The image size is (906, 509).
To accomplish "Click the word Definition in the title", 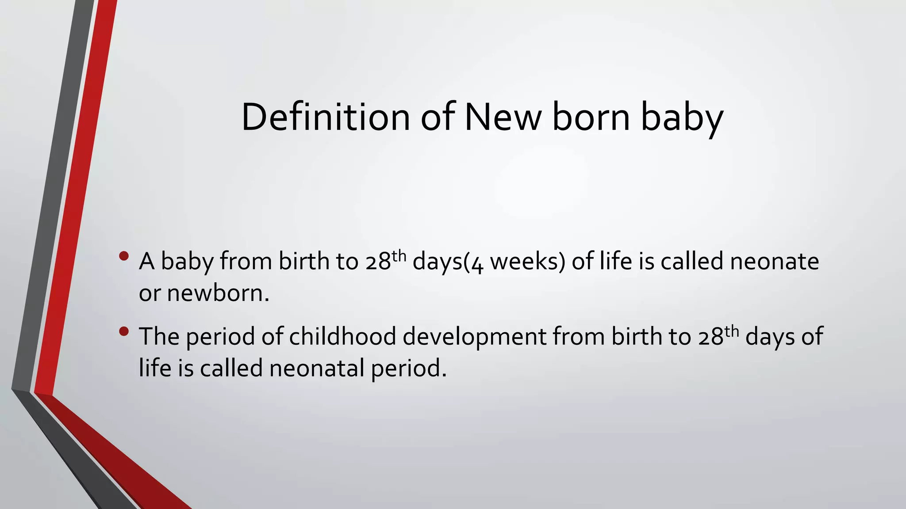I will point(326,117).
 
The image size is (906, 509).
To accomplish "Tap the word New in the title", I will point(503,117).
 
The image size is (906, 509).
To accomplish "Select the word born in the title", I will point(591,117).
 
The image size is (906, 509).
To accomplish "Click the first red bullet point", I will point(124,256).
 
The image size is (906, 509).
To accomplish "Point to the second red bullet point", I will point(124,331).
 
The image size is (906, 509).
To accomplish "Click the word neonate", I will point(774,261).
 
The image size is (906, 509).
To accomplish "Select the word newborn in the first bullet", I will point(217,293).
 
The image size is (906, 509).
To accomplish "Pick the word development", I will point(475,337).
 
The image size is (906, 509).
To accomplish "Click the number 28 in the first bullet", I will point(378,262).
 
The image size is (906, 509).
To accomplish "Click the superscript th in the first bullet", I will point(399,255).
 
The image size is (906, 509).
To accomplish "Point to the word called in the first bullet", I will point(692,261).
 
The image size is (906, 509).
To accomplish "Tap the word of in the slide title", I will point(438,117).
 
